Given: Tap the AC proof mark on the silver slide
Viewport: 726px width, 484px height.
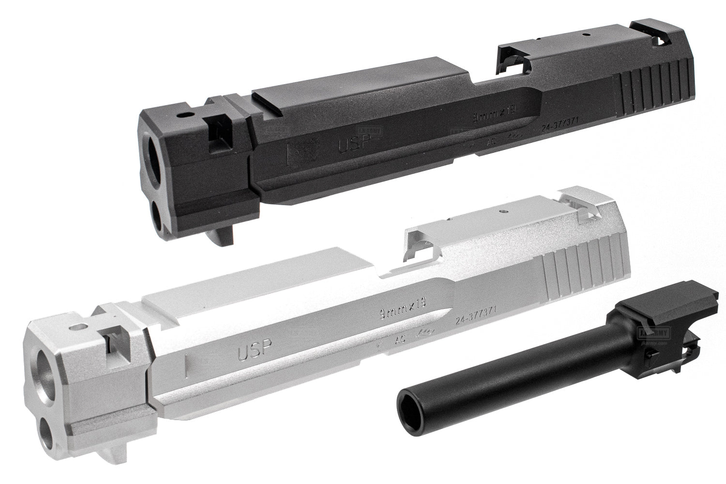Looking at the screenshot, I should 400,339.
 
